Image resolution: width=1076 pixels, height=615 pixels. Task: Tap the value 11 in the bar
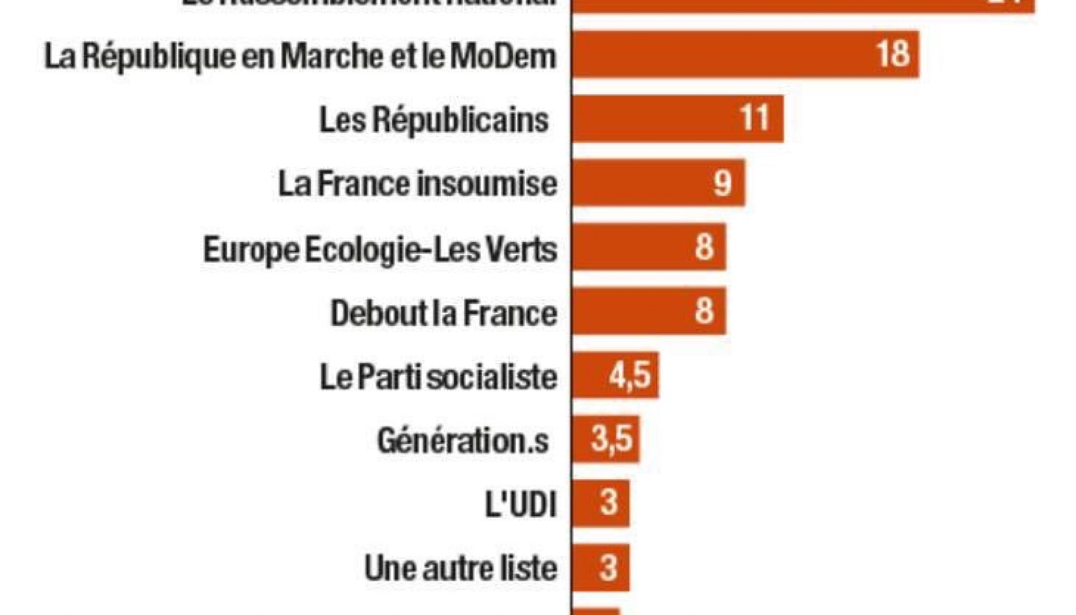755,119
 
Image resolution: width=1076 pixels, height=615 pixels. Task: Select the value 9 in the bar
722,183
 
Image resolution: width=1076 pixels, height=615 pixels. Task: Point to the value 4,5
630,375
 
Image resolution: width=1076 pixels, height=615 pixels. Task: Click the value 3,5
611,440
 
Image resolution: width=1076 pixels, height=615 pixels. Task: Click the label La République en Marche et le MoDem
300,56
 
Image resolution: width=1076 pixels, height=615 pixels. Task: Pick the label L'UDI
520,505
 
